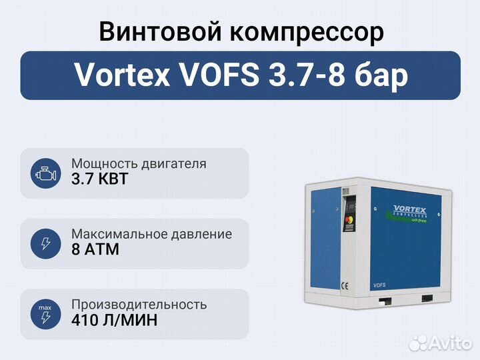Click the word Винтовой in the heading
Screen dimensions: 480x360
point(160,31)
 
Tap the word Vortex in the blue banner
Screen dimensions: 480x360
point(123,75)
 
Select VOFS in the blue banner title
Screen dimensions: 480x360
point(220,75)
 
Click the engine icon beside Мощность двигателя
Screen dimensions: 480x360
point(45,173)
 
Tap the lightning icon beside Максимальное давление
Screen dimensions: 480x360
point(45,244)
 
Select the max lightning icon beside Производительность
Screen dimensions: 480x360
point(45,314)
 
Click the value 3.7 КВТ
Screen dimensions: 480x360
point(99,179)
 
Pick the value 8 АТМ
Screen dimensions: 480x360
point(95,249)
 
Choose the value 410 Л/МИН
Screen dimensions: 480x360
point(115,320)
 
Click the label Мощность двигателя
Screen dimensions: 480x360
point(139,164)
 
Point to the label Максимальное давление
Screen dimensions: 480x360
point(152,235)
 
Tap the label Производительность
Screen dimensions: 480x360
point(139,305)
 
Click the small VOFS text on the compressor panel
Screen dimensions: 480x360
point(379,285)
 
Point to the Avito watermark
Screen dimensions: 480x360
point(441,343)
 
